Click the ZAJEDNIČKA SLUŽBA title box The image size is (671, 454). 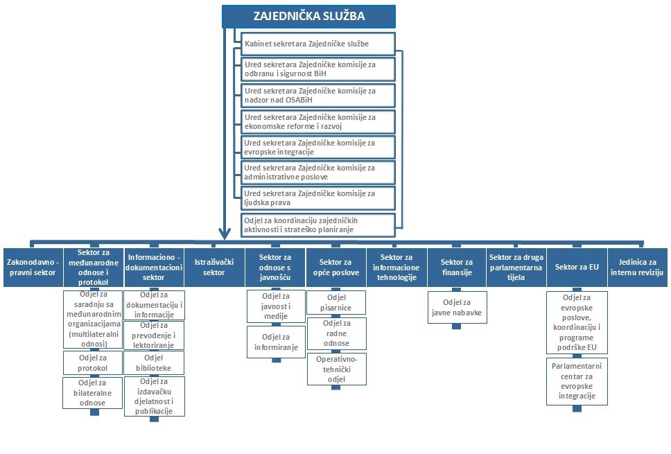(x=308, y=16)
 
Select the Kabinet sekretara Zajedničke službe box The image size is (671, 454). (x=317, y=44)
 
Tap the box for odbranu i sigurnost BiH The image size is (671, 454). (x=317, y=69)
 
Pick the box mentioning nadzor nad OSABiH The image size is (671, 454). (x=317, y=94)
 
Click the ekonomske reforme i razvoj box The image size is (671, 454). (x=317, y=121)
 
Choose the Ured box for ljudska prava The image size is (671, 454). (x=317, y=198)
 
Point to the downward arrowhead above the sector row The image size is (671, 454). (x=224, y=234)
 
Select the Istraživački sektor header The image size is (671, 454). (x=216, y=268)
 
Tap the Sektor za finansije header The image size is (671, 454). (x=457, y=267)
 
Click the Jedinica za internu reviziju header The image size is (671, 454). (x=637, y=267)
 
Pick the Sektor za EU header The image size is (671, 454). (x=577, y=267)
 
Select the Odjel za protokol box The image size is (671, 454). (x=93, y=363)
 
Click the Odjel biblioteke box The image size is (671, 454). (x=154, y=363)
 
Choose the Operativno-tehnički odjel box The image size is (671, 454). (x=336, y=369)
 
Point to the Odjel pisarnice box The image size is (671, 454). (x=336, y=302)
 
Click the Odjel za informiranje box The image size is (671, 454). (x=275, y=342)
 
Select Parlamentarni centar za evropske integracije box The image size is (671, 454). (x=577, y=381)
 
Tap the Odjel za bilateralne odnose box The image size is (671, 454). (x=93, y=392)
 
